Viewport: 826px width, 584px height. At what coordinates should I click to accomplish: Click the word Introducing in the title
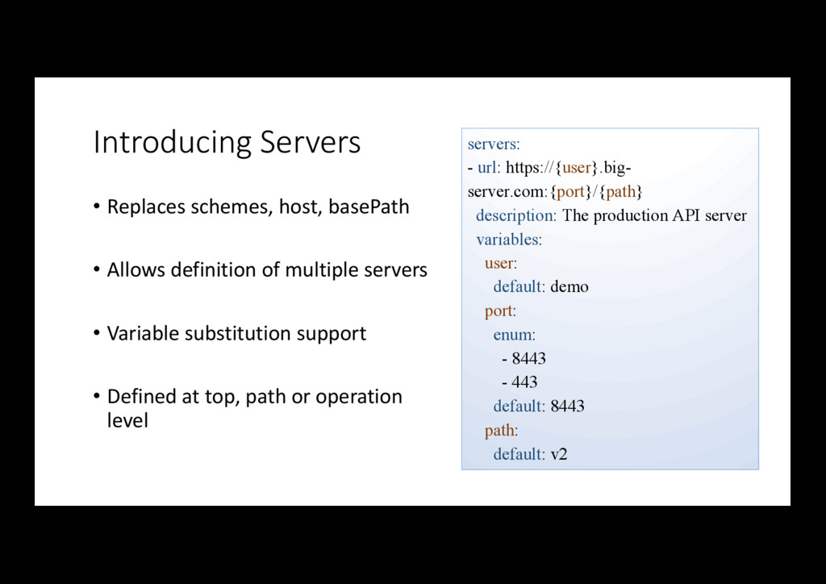point(172,143)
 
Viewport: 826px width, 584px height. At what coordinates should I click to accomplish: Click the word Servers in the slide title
point(310,143)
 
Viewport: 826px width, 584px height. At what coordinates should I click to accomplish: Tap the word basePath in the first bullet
point(369,207)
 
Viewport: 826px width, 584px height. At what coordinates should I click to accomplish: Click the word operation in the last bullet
point(358,397)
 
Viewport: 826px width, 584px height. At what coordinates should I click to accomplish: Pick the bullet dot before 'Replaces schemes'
point(97,207)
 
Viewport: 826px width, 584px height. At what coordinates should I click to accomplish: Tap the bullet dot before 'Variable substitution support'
point(97,333)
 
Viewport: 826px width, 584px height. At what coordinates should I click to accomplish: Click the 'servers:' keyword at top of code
point(494,144)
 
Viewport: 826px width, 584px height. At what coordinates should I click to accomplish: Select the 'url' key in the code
point(487,168)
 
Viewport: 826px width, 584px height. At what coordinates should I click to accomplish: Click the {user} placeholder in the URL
point(577,168)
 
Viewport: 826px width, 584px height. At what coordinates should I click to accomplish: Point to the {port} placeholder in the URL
point(572,192)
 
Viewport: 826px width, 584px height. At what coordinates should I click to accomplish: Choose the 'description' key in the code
point(515,215)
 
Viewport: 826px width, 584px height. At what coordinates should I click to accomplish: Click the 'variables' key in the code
point(507,240)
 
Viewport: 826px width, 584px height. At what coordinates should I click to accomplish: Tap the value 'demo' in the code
point(569,287)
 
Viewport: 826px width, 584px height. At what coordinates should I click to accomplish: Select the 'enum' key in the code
point(513,335)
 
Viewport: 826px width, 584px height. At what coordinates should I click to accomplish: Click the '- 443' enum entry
point(519,382)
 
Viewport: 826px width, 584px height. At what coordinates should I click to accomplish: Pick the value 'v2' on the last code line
point(559,454)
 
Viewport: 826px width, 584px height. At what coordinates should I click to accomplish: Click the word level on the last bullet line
point(127,421)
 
